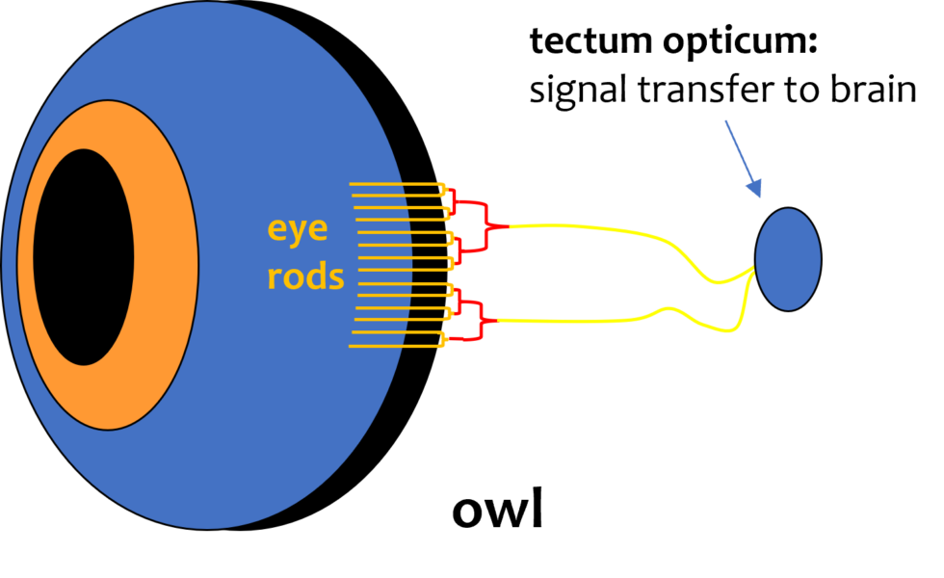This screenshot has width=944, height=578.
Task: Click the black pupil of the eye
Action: tap(84, 257)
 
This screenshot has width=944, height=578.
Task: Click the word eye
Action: tap(298, 230)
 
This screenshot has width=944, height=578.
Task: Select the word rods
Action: tap(305, 277)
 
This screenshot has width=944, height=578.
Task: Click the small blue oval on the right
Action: tap(788, 259)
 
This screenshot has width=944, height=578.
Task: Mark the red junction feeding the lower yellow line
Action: tap(486, 320)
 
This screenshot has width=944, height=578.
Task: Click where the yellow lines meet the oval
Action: tap(751, 272)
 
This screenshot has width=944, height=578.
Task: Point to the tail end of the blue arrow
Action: tap(726, 122)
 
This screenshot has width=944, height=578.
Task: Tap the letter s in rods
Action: tap(335, 278)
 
